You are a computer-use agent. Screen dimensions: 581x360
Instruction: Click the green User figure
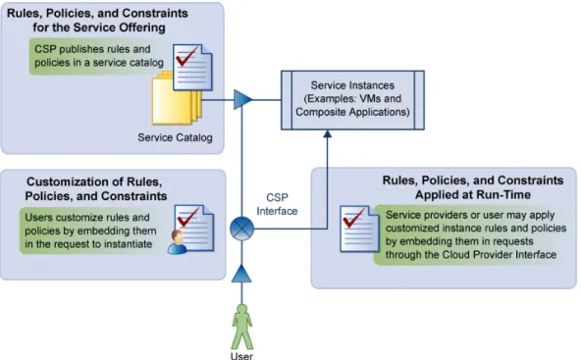point(242,326)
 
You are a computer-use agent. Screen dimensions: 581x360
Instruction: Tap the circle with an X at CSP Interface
point(241,229)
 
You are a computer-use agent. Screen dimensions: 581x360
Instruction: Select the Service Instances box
point(352,100)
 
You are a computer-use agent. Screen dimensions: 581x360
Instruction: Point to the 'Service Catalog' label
point(175,137)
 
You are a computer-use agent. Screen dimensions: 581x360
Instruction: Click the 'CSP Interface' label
point(277,204)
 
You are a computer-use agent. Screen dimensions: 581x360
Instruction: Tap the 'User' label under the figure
point(241,356)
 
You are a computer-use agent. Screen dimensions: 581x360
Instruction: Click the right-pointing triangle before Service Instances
point(243,99)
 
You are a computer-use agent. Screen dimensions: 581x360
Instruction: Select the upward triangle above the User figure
point(241,274)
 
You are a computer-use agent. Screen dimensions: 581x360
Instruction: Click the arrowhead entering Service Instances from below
point(327,133)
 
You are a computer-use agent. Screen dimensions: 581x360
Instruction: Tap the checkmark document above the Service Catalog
point(192,67)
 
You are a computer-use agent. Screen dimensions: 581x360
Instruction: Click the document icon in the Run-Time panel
point(359,229)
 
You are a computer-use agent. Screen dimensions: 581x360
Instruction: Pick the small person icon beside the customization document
point(177,242)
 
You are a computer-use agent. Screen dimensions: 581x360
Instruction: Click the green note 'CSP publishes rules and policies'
point(97,56)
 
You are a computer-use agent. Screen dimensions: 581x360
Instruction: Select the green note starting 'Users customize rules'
point(91,231)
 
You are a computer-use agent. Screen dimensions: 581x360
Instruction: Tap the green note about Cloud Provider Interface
point(470,234)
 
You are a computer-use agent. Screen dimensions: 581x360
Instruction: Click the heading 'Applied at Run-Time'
point(473,195)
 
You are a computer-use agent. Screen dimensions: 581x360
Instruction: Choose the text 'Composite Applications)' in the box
point(352,112)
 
